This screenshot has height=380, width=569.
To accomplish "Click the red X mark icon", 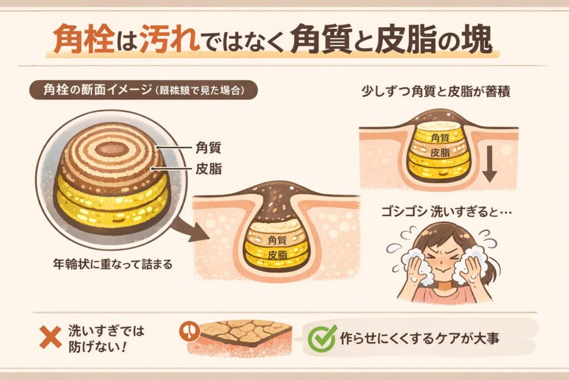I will point(51,337).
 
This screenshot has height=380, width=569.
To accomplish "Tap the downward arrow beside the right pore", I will point(489,165).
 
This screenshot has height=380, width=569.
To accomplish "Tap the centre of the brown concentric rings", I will point(111,149).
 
